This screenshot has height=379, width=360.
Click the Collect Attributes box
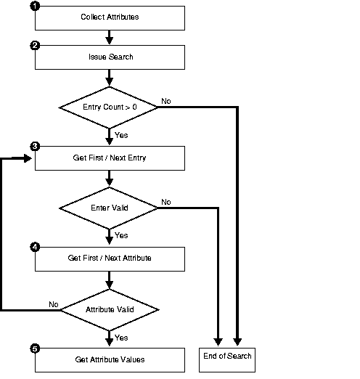[109, 16]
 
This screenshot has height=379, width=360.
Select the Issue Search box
[109, 56]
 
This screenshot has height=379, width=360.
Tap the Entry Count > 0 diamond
[109, 107]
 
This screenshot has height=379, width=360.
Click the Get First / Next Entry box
[109, 157]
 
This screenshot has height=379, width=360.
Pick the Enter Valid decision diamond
[109, 208]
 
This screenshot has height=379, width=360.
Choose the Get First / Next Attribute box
[109, 258]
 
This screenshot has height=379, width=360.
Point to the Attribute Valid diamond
[109, 309]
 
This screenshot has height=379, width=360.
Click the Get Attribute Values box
[109, 359]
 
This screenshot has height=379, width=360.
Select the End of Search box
[226, 356]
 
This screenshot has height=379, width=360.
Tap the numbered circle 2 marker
[35, 46]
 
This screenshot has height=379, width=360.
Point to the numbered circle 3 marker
[35, 146]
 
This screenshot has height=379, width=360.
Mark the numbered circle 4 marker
[35, 247]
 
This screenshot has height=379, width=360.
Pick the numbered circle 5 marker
[35, 349]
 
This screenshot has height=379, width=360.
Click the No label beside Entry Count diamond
[166, 101]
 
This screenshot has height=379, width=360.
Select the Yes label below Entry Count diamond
[121, 135]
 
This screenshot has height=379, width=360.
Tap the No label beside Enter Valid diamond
[166, 202]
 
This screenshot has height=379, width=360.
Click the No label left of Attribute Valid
[53, 303]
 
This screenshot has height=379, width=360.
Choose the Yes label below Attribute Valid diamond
[121, 338]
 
